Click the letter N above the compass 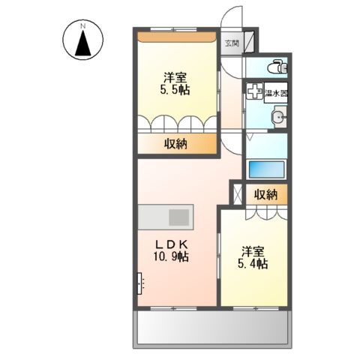(x=82, y=25)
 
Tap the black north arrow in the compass (x=82, y=43)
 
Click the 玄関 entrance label (x=232, y=43)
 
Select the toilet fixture (x=277, y=66)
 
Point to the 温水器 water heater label (x=276, y=94)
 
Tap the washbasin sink (x=280, y=117)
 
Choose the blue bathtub (x=266, y=169)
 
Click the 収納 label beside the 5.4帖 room (x=266, y=194)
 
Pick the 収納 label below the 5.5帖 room (x=175, y=144)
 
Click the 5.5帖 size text (x=175, y=90)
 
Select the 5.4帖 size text (x=253, y=264)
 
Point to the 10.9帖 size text (x=171, y=256)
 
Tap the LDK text (x=171, y=244)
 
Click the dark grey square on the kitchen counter (x=178, y=217)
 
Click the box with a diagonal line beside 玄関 (x=249, y=42)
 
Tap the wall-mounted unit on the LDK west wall (x=139, y=283)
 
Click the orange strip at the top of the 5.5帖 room (x=176, y=37)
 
